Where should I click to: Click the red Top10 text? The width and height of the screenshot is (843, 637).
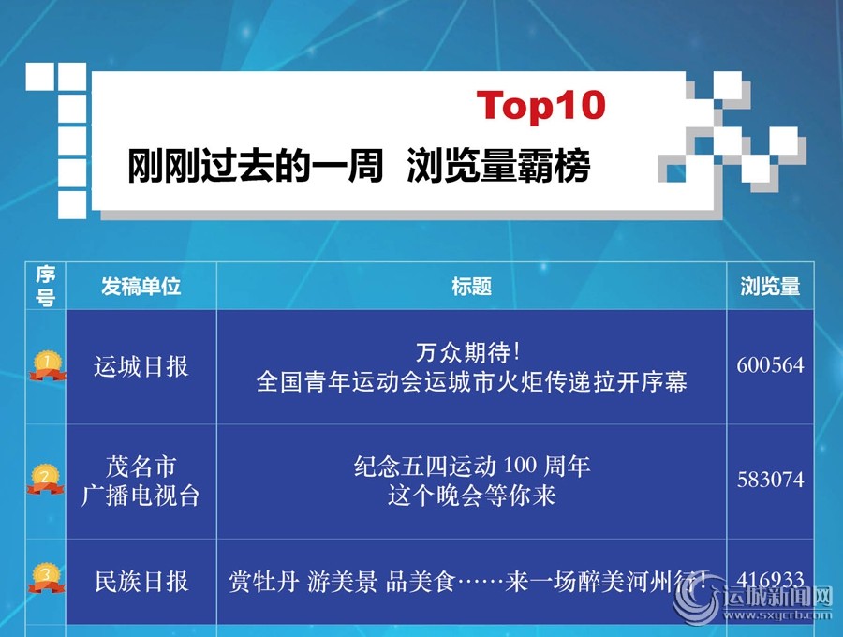[540, 105]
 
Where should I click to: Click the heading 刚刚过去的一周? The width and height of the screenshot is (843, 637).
[254, 166]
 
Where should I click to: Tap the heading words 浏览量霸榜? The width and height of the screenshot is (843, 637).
[498, 166]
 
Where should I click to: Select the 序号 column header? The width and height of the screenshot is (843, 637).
[46, 286]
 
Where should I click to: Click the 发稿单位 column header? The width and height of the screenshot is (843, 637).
[140, 286]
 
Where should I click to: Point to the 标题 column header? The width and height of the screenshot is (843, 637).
[471, 286]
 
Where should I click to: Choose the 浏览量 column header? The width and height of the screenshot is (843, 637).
[770, 286]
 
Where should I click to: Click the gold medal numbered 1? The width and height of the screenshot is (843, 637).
[48, 365]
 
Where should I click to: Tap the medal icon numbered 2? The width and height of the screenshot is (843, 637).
[46, 480]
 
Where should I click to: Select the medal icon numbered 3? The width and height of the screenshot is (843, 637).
[46, 578]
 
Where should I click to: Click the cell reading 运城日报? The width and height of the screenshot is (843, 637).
[140, 366]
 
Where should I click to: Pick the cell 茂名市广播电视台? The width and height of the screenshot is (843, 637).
[140, 481]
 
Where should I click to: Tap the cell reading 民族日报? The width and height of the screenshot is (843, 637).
[141, 582]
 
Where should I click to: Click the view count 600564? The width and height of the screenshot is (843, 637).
[771, 365]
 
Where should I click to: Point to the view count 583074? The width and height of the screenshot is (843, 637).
[771, 480]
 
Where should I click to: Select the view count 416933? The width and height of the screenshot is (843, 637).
[771, 580]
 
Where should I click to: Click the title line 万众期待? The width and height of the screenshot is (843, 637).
[469, 352]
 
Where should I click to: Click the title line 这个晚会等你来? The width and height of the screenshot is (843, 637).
[471, 496]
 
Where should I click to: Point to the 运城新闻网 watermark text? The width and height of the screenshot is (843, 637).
[777, 598]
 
